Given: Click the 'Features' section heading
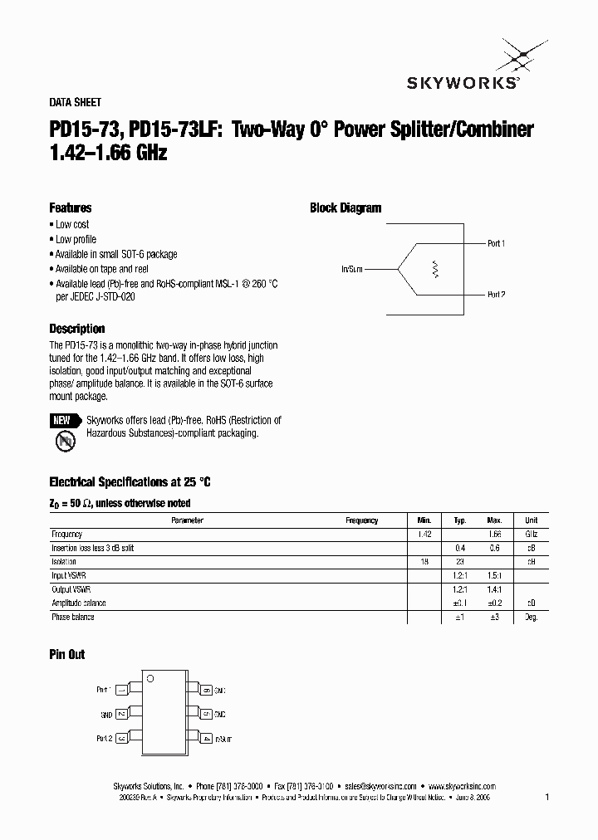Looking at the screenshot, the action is (x=70, y=208).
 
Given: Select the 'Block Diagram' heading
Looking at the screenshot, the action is (x=346, y=208).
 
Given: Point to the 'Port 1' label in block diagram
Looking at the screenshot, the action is (x=496, y=243).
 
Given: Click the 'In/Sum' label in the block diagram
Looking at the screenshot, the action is (x=351, y=270).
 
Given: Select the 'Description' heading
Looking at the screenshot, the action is (x=76, y=329).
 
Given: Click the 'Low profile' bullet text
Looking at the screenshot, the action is (x=76, y=239).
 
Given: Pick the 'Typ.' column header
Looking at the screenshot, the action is (x=459, y=520).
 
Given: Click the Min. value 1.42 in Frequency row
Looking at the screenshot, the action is (x=424, y=535).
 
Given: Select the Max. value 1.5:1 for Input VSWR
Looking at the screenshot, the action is (x=495, y=575).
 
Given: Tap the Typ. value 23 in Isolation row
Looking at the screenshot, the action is (x=459, y=561).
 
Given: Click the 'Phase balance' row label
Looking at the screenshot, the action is (x=73, y=617).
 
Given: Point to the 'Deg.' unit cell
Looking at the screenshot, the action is (x=532, y=617).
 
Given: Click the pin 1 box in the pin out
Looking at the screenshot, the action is (x=121, y=690).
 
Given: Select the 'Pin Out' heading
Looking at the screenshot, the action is (x=66, y=655).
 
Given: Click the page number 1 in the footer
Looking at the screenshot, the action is (x=547, y=797).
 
